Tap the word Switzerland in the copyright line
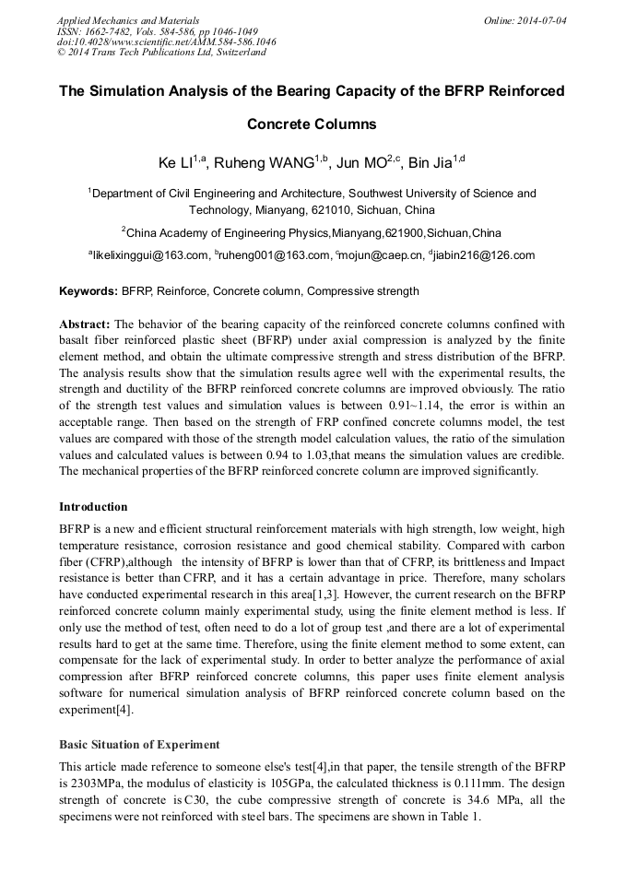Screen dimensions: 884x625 [x=237, y=53]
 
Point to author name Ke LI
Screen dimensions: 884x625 [x=175, y=163]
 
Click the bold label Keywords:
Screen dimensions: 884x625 [x=88, y=291]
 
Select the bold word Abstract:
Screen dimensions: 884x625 [x=85, y=324]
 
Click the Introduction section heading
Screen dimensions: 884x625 [x=93, y=507]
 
